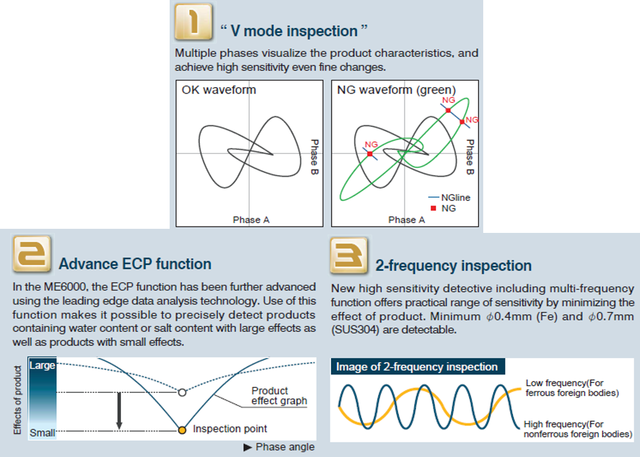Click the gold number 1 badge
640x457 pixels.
[194, 22]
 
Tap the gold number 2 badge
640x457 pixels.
[32, 253]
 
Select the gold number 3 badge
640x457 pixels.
[349, 256]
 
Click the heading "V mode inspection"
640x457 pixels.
[294, 31]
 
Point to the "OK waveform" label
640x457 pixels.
[219, 90]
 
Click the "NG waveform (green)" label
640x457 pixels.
[396, 90]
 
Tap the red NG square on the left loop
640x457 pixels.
[370, 154]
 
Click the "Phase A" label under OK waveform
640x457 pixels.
[251, 219]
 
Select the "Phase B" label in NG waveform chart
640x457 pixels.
[470, 157]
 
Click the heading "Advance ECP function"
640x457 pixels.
[135, 264]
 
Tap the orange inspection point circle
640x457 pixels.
[183, 430]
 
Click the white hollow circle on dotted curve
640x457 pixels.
[182, 393]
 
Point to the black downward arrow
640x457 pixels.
[119, 410]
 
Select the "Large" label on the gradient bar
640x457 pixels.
[42, 365]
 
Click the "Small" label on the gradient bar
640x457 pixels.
[42, 432]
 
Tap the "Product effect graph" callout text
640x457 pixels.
[279, 396]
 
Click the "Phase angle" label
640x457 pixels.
[285, 447]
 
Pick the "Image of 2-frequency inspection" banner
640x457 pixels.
[417, 367]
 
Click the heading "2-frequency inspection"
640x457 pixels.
[453, 266]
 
